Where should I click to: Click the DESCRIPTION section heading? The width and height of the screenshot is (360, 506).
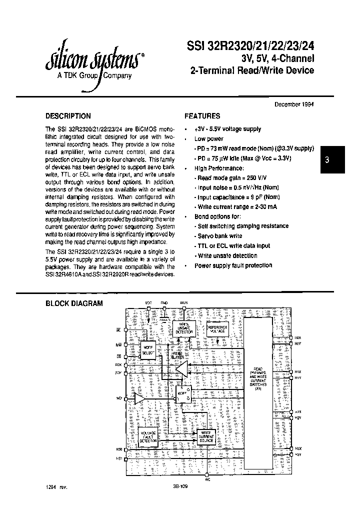[68, 116]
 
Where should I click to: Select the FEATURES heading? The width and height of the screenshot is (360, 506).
[202, 116]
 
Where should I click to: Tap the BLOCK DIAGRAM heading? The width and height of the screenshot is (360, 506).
[74, 303]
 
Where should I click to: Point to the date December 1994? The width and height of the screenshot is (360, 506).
[294, 104]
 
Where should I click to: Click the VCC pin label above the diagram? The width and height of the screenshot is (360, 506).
[148, 303]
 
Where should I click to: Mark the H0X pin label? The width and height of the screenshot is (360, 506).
[298, 337]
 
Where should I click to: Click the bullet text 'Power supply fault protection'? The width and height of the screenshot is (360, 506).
[233, 265]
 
